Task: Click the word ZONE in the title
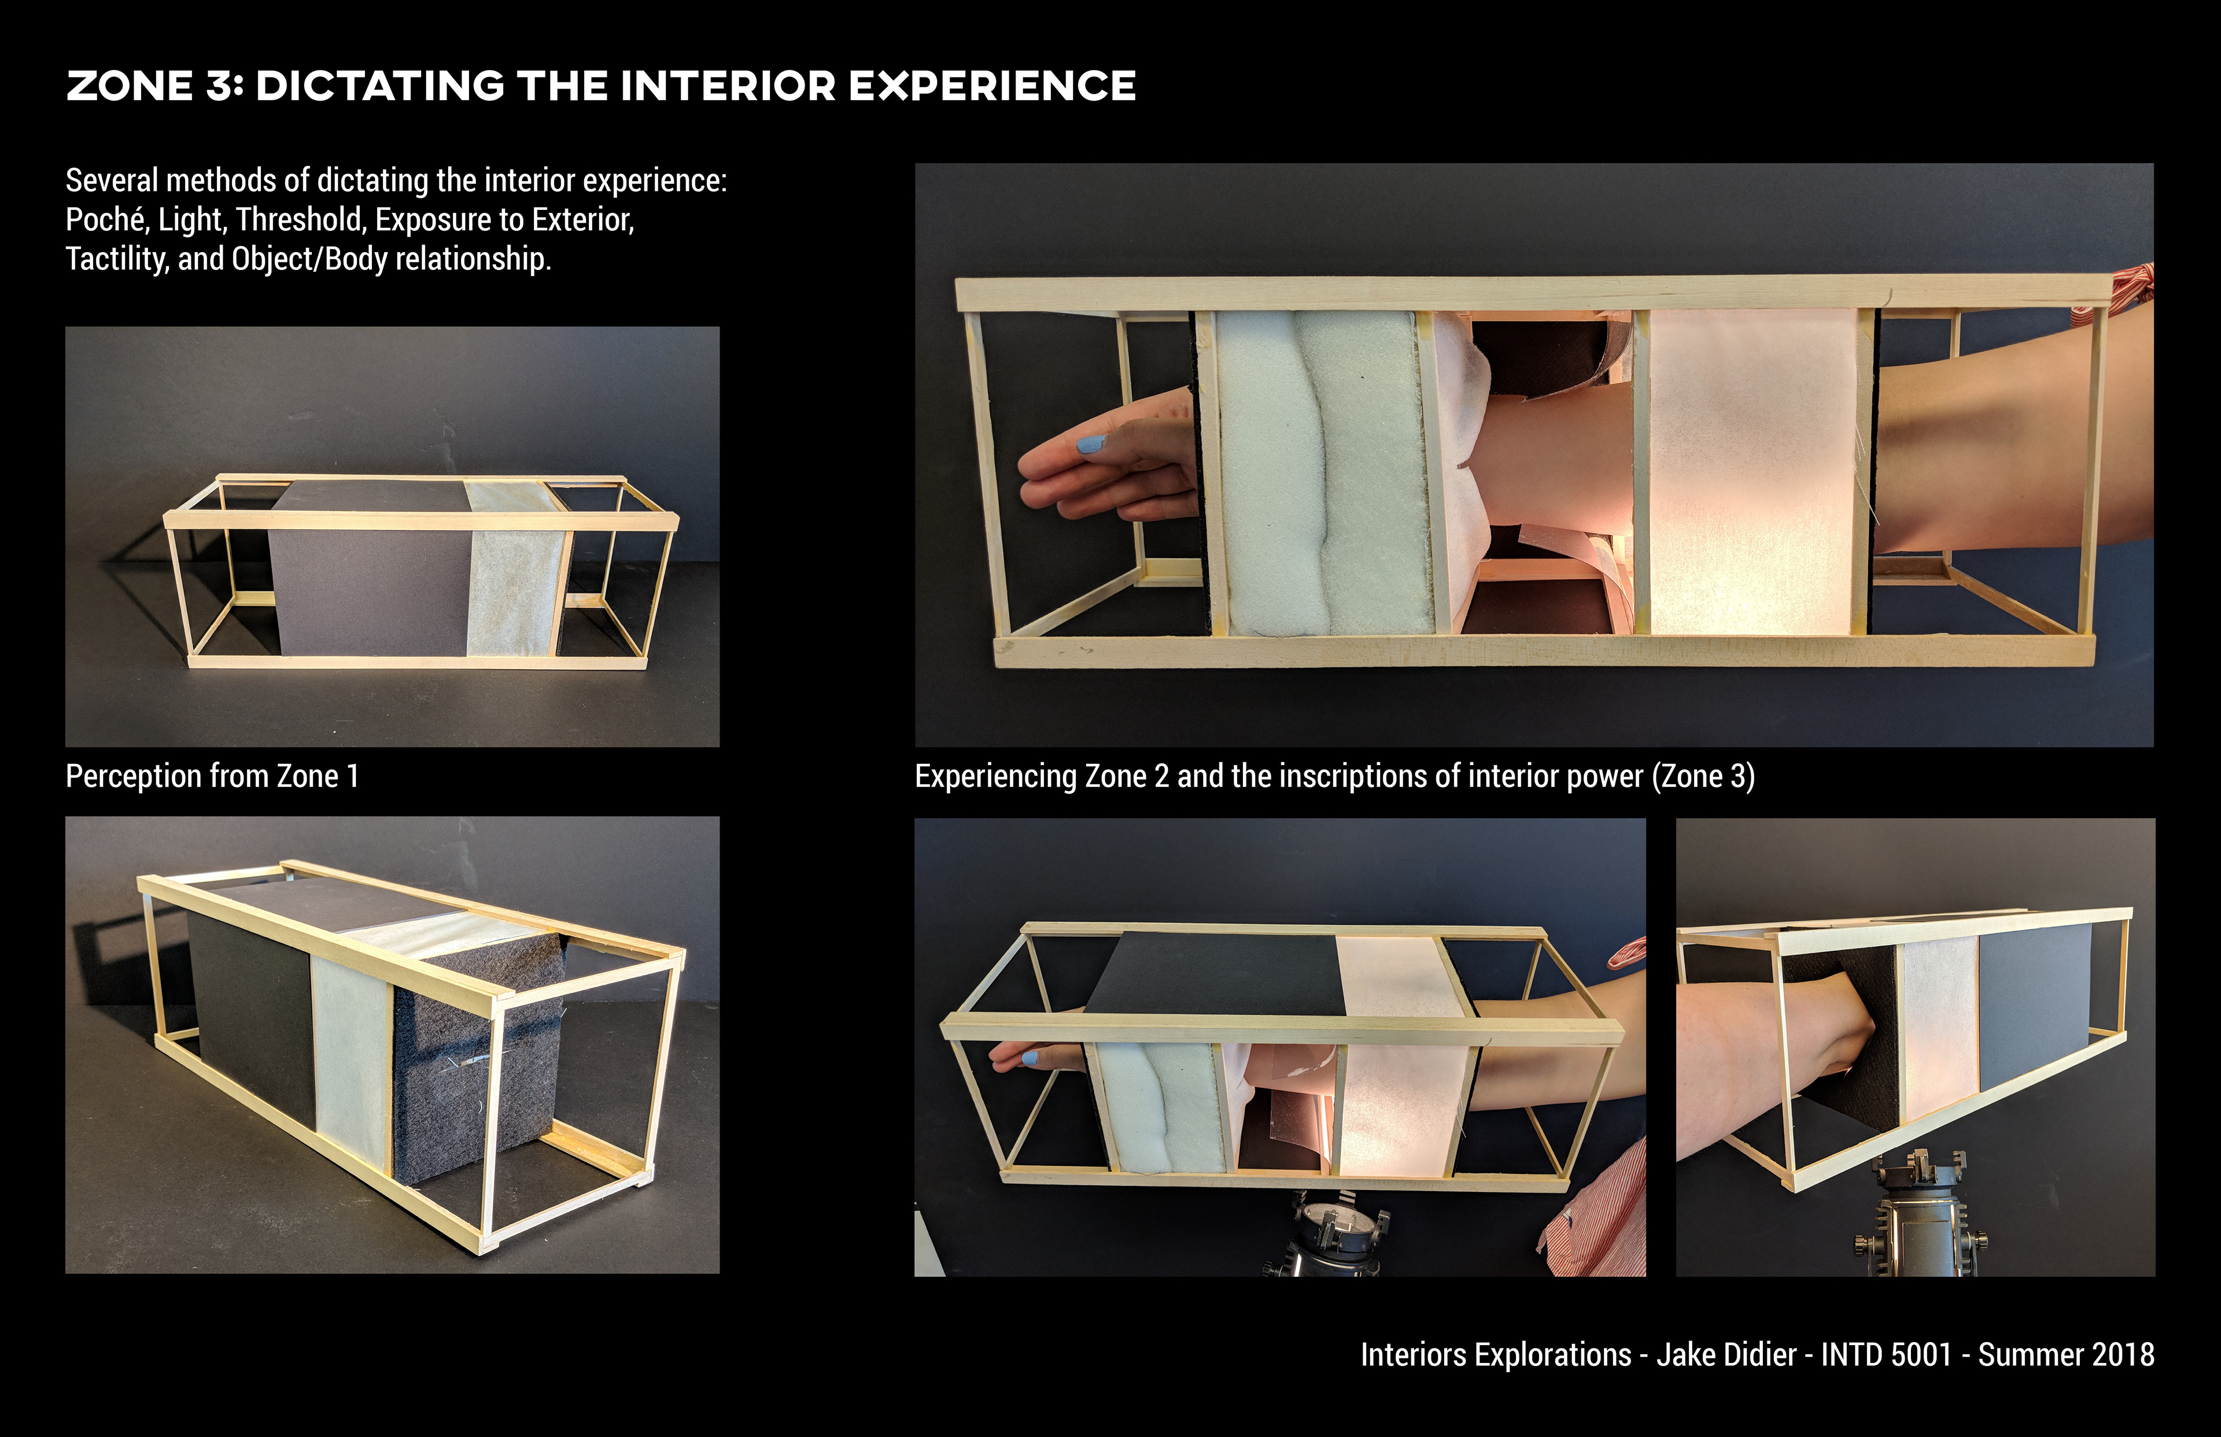click(130, 86)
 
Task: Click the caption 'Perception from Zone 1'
click(212, 777)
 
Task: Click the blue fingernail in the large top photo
click(1091, 445)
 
